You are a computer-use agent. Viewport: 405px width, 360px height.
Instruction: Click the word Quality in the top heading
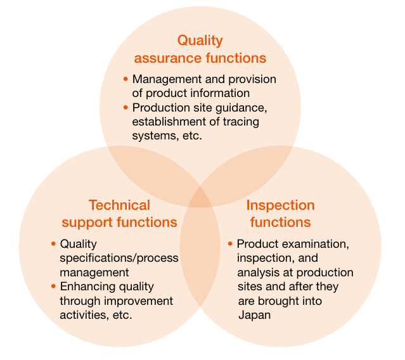(200, 41)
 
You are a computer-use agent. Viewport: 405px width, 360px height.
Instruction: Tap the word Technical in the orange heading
(119, 205)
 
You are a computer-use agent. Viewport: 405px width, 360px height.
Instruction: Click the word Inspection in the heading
(281, 206)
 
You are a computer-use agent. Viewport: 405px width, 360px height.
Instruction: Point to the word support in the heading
(87, 223)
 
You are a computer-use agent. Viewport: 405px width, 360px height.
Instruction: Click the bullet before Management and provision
(125, 79)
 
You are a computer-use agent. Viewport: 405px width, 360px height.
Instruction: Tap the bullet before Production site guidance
(125, 107)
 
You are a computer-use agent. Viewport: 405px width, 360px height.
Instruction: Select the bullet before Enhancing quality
(53, 286)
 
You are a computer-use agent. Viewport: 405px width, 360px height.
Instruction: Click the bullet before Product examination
(230, 243)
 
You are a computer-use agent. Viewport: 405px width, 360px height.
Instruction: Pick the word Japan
(254, 316)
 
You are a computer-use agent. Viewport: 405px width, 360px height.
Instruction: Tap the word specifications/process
(119, 259)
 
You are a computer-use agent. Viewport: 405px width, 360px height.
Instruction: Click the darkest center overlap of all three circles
(200, 197)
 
